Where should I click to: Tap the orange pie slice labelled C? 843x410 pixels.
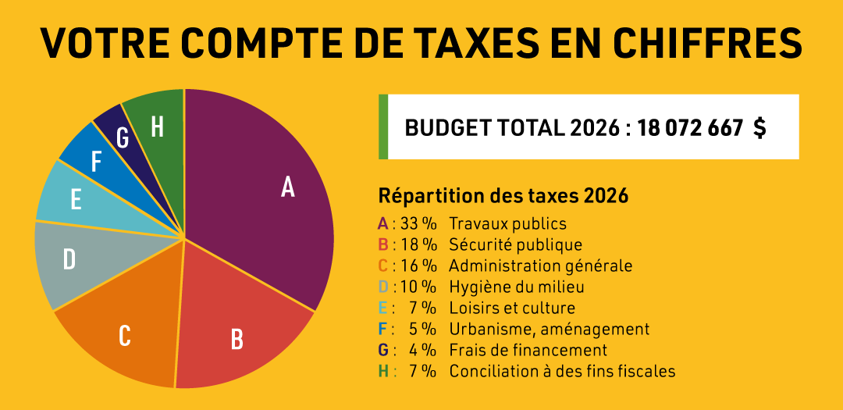(x=125, y=328)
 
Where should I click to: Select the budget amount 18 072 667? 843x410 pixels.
(x=689, y=128)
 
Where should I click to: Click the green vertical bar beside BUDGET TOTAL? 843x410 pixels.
(x=383, y=127)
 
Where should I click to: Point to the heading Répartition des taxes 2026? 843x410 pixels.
(x=503, y=196)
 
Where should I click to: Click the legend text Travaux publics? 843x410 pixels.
(x=507, y=224)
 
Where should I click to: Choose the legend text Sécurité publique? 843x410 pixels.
(x=515, y=245)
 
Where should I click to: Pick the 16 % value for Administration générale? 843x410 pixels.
(x=418, y=266)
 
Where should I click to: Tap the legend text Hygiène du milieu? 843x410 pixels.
(x=516, y=287)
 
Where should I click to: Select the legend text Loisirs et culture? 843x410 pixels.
(x=511, y=308)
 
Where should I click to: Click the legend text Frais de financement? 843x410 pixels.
(x=528, y=351)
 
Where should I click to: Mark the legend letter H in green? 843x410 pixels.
(x=383, y=372)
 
